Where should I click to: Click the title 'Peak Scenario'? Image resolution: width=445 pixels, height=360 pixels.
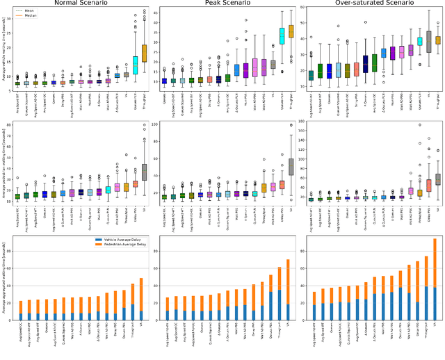(x=222, y=3)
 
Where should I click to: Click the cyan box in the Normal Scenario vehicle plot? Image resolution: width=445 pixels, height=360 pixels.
(x=136, y=65)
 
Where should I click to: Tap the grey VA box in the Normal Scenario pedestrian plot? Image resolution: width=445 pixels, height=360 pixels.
(x=145, y=171)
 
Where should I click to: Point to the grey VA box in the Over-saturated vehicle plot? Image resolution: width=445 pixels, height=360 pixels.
(x=428, y=41)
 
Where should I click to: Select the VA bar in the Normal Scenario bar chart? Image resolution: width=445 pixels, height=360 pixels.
(x=142, y=300)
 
